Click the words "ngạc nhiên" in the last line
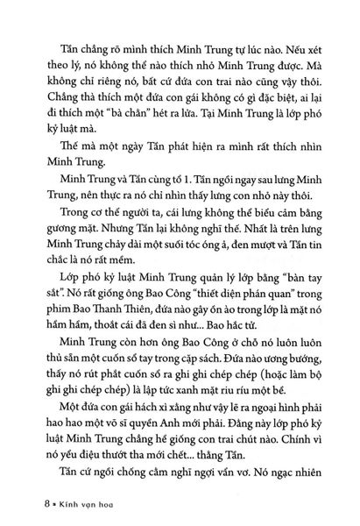pos(296,478)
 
